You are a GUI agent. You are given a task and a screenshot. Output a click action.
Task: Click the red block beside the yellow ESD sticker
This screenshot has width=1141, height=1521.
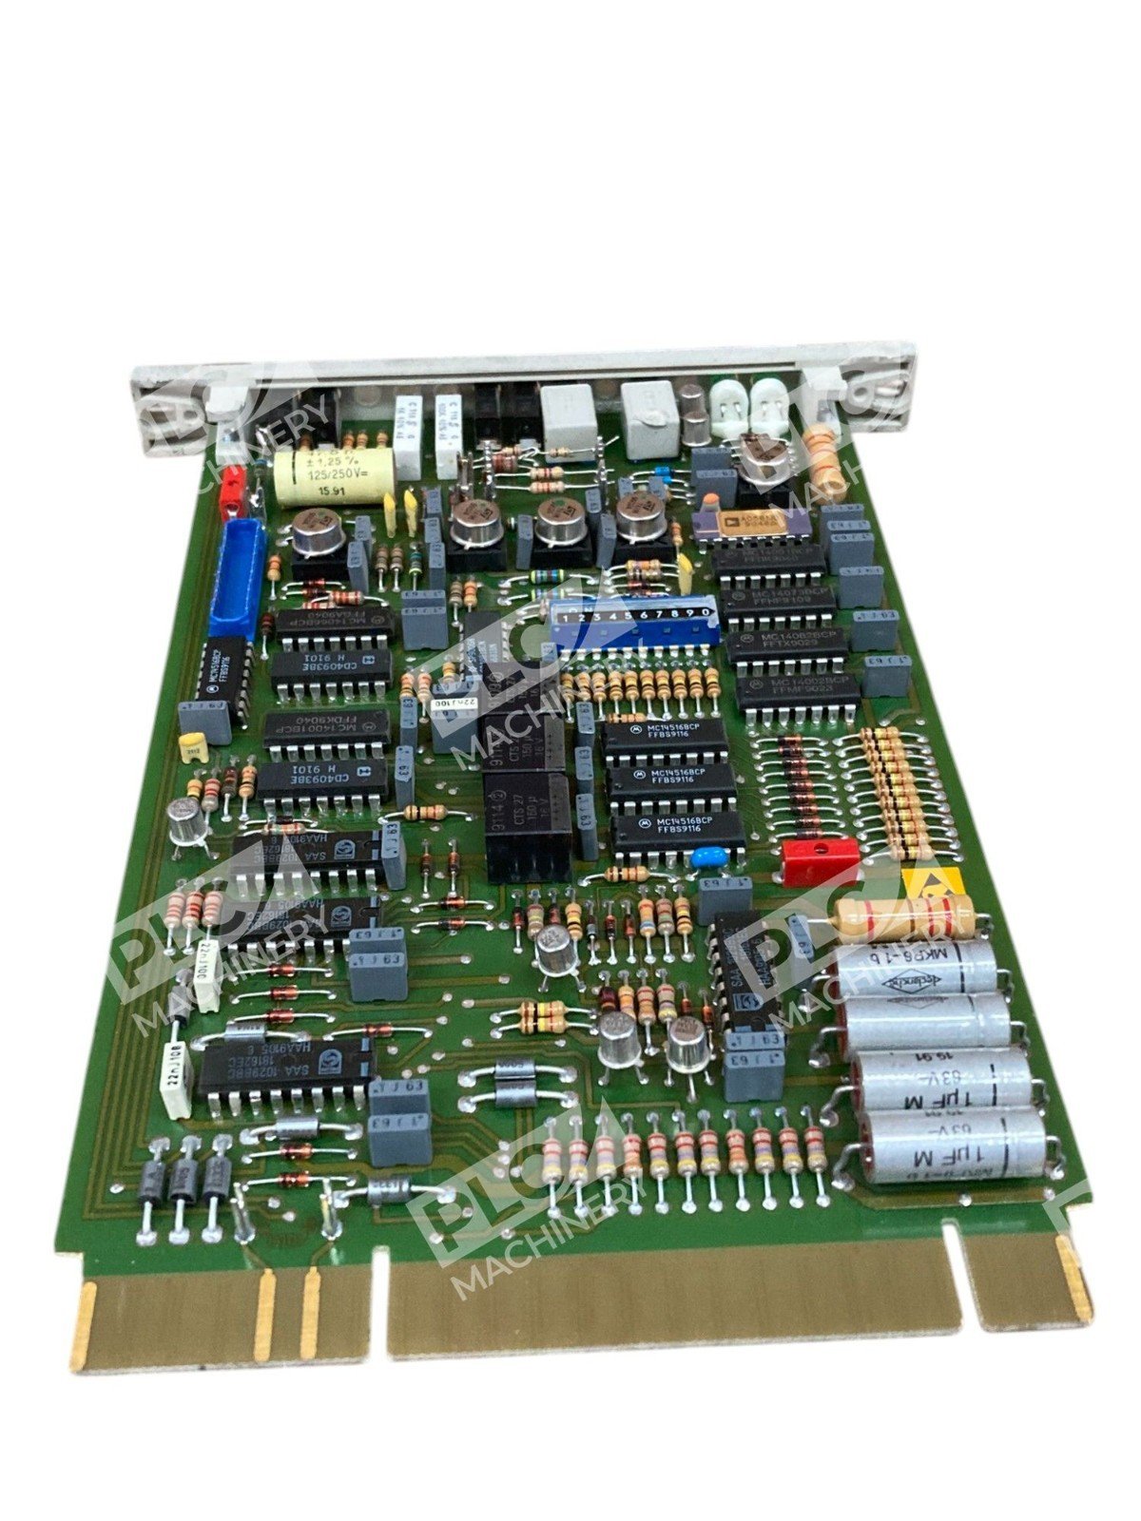click(x=819, y=862)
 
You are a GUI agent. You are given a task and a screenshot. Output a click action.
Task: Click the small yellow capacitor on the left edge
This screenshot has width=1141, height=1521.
click(x=194, y=745)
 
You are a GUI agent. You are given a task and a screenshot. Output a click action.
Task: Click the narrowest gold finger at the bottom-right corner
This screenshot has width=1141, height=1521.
click(x=1073, y=1282)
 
